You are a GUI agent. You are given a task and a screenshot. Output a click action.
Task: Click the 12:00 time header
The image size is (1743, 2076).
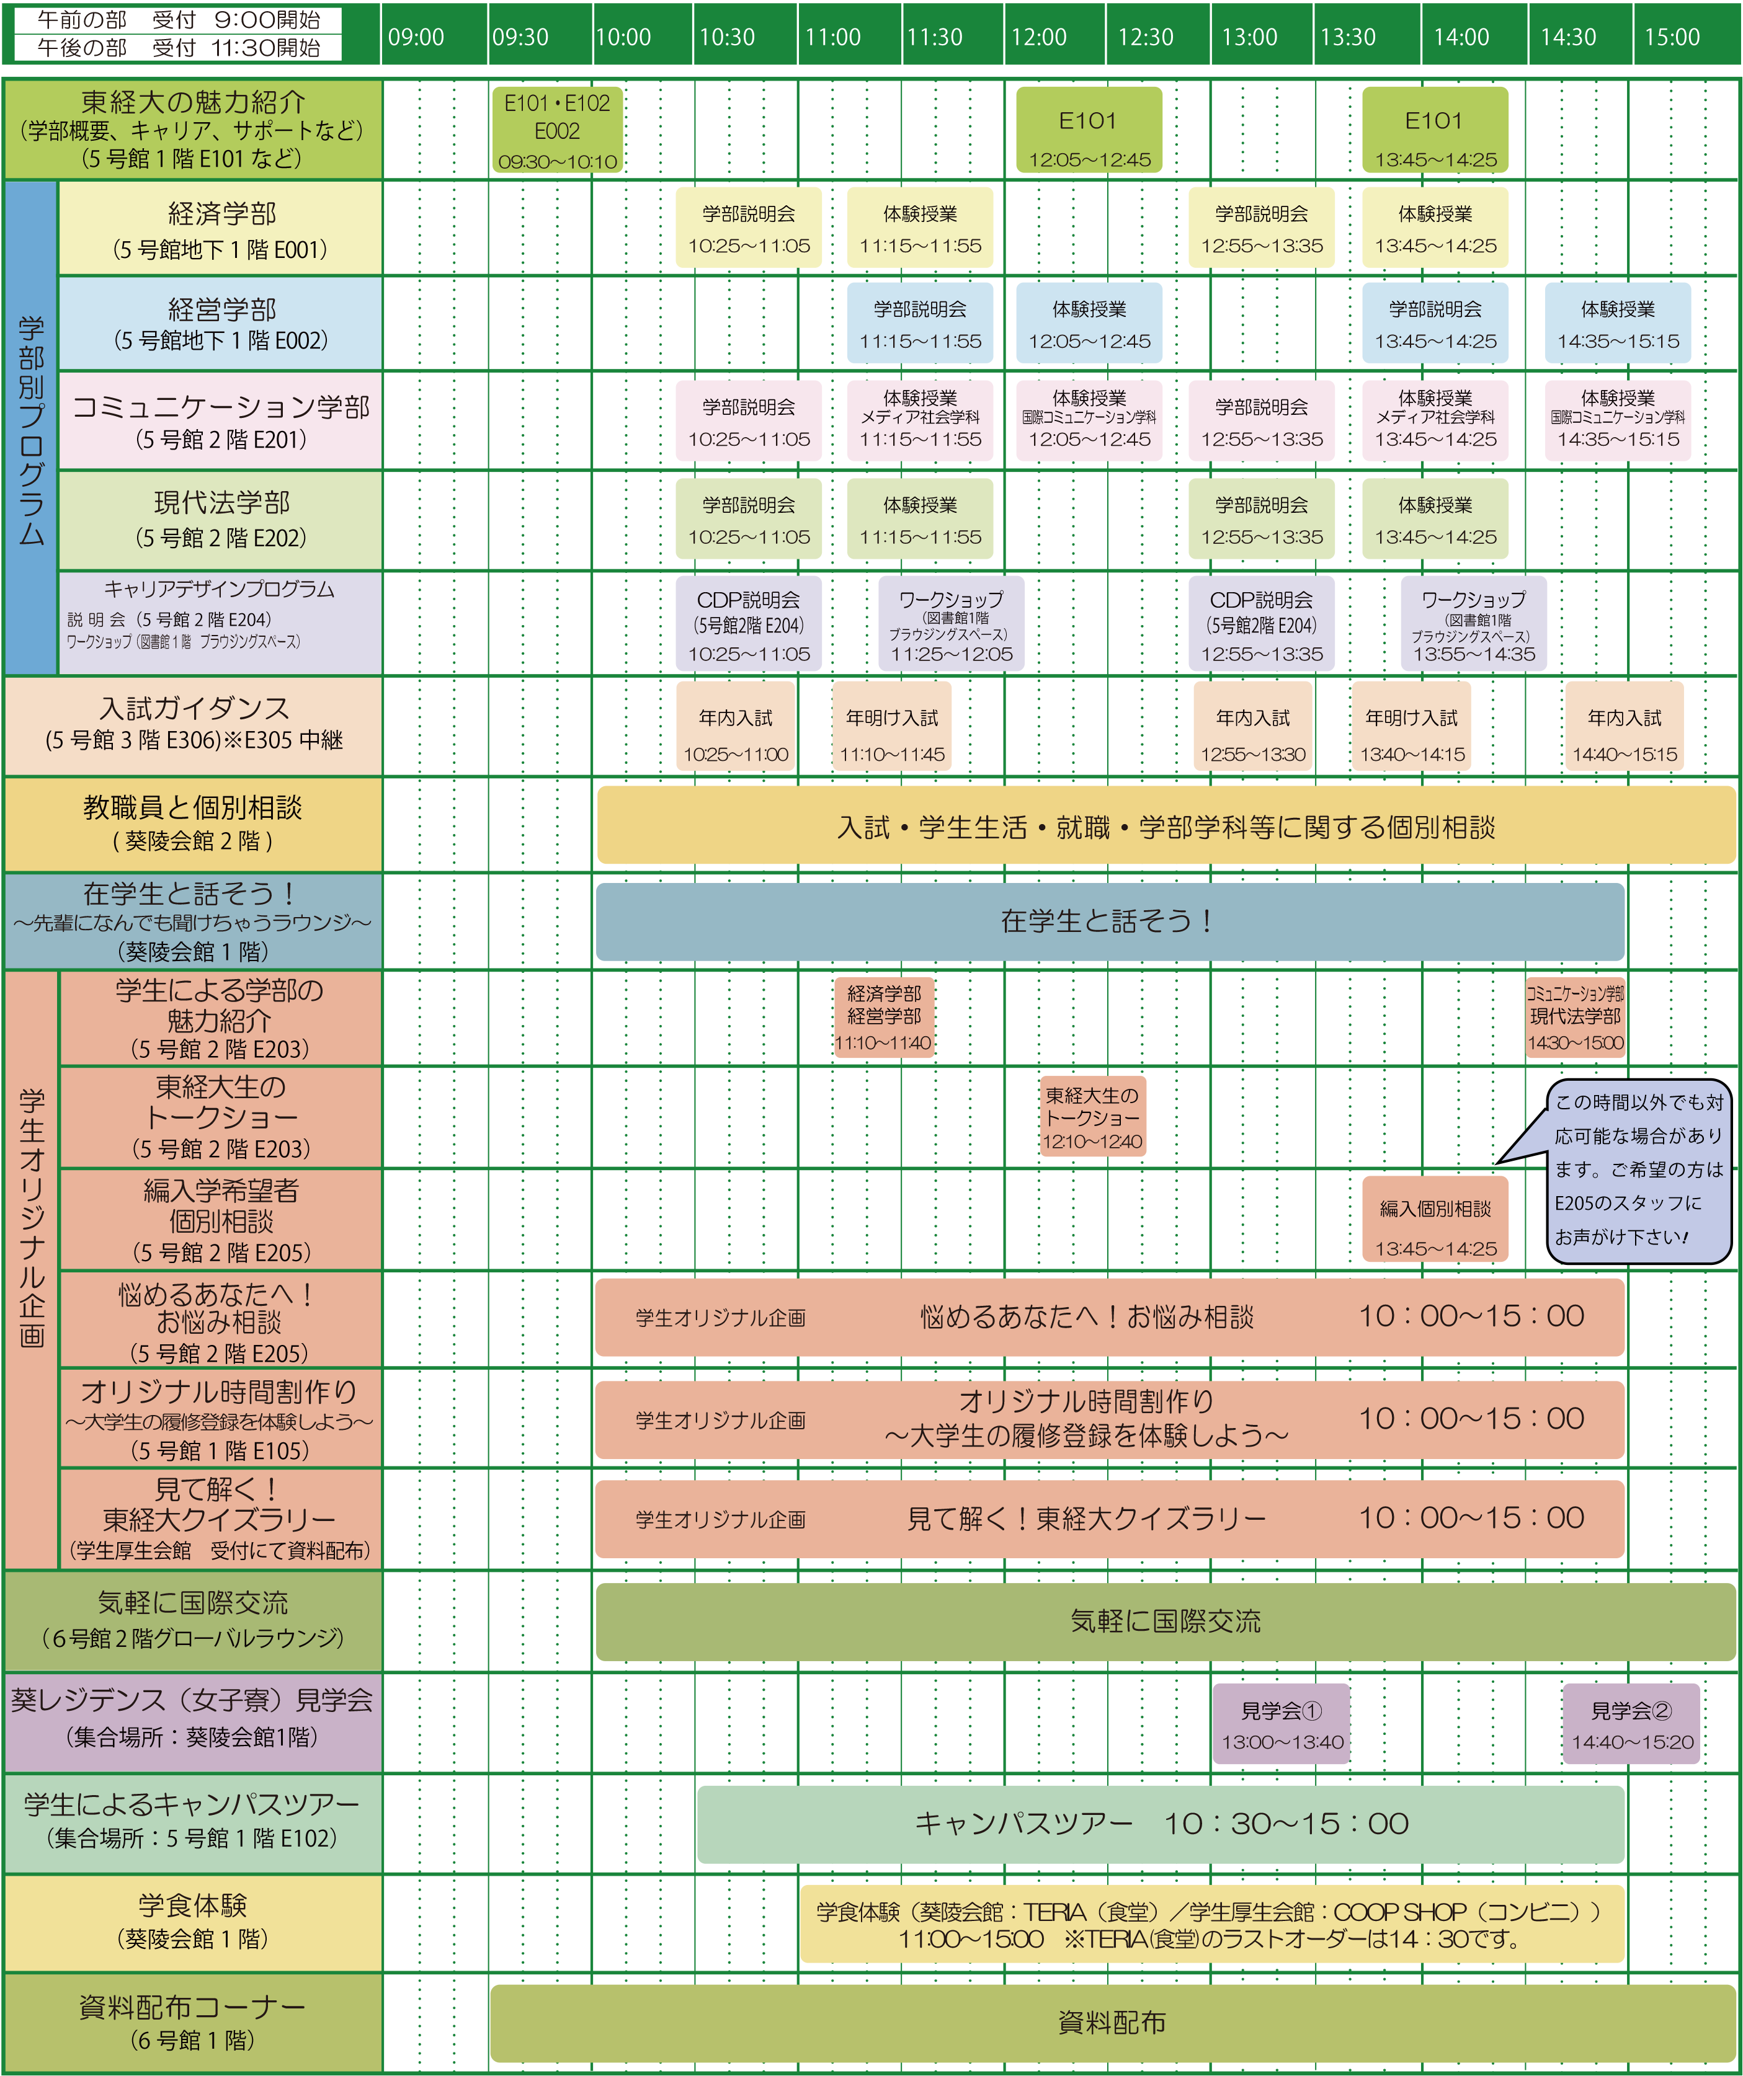1038,38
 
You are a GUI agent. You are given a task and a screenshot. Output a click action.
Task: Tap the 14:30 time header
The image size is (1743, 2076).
1568,38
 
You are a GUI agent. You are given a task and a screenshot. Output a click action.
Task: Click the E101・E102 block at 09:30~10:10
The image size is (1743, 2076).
558,130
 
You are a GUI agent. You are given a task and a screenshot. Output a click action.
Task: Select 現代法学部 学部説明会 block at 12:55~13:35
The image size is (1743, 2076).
1262,520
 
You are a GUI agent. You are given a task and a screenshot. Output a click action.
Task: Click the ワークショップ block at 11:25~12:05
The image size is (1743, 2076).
951,625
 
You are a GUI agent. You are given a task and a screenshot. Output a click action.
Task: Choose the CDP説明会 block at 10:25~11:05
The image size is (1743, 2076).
749,625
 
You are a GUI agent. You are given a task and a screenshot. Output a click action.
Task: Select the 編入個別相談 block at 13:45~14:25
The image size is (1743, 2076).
1435,1219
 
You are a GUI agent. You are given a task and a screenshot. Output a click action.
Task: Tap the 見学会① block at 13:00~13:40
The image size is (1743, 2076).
1282,1724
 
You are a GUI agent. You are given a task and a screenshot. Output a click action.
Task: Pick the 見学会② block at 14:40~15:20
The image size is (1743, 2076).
1632,1724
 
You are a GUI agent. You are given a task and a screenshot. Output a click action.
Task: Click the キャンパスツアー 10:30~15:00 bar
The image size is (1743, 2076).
1161,1824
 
